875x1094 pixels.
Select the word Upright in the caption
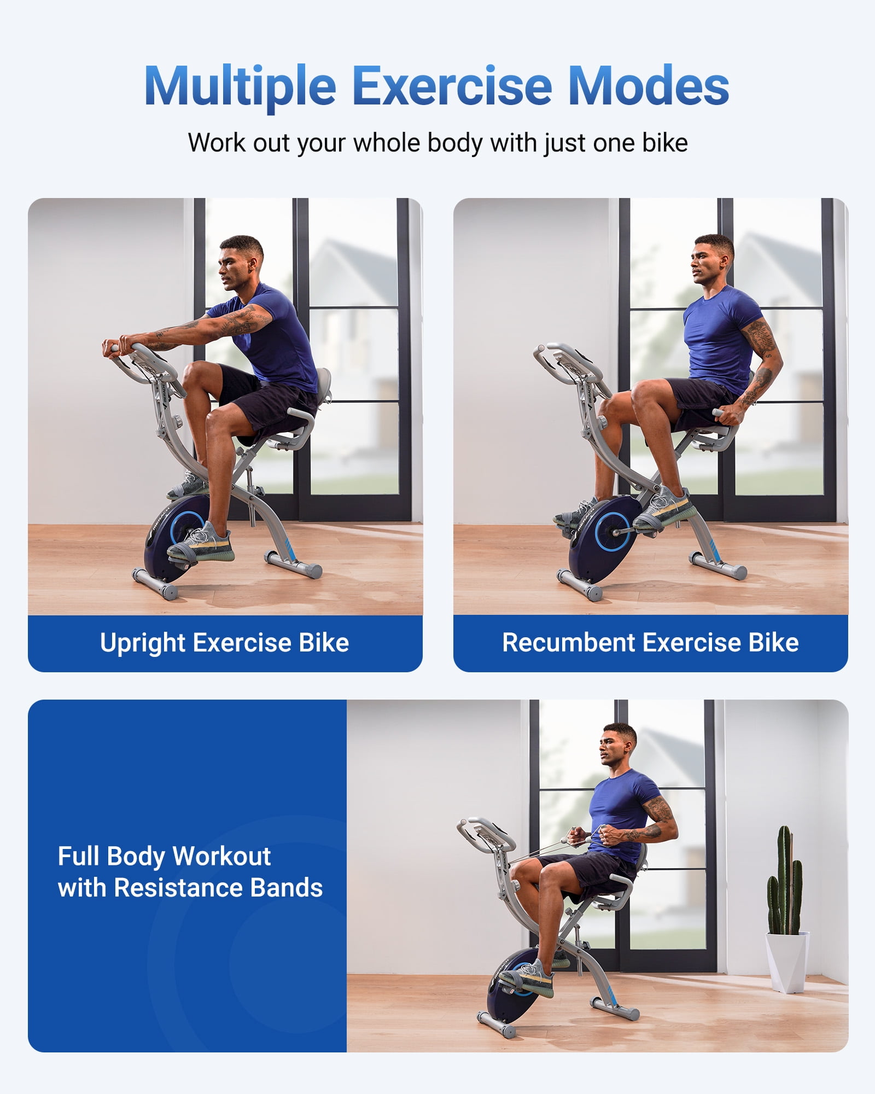pos(143,642)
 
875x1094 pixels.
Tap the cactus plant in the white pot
pos(784,881)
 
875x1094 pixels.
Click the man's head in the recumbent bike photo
pos(712,259)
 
